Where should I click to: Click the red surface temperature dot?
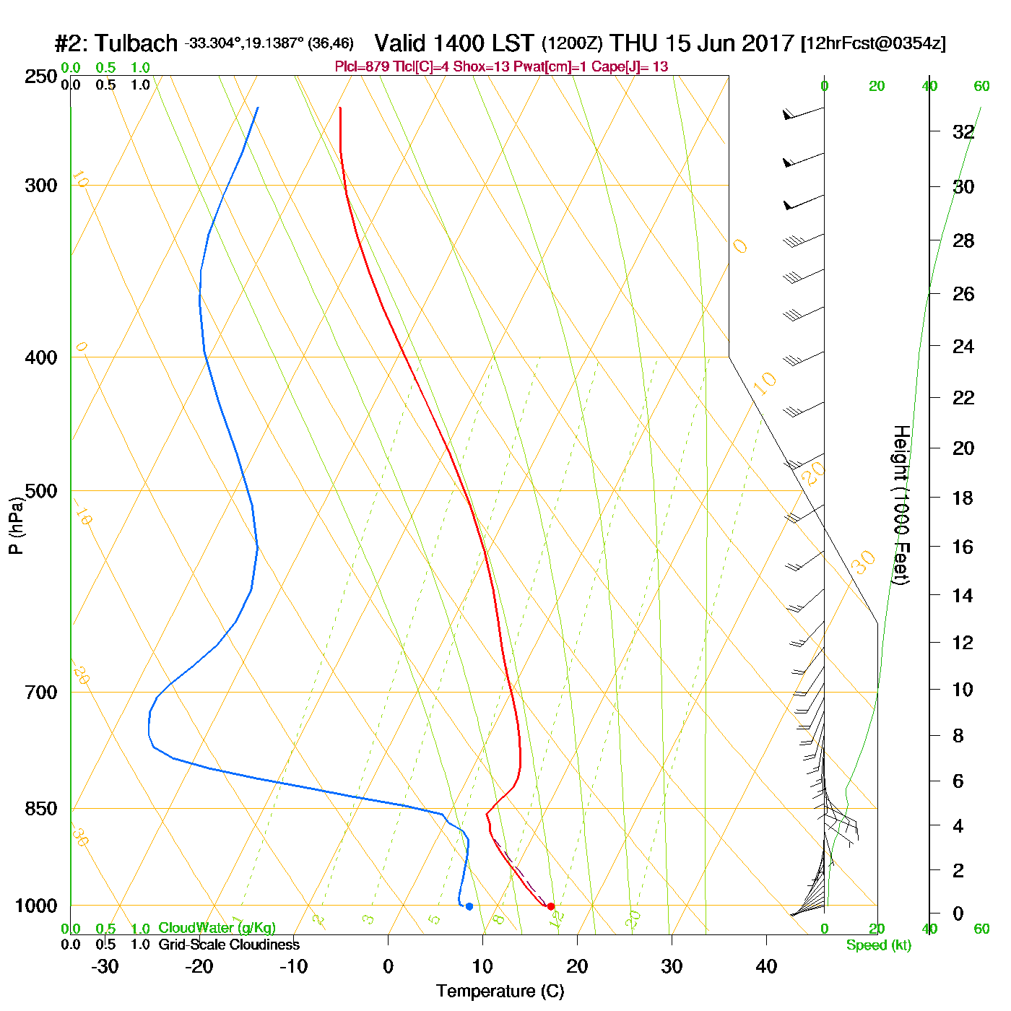[550, 906]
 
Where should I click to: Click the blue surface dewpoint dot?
[469, 906]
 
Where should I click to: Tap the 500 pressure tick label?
[41, 492]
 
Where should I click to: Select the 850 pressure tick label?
[41, 809]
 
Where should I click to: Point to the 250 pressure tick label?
[41, 77]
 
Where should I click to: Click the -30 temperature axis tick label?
[105, 966]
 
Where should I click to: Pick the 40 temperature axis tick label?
[766, 966]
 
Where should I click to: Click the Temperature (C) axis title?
[500, 992]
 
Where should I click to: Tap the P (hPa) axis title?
[17, 525]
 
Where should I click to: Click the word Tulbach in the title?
[136, 43]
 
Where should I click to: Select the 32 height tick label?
[963, 132]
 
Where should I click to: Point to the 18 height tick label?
[963, 498]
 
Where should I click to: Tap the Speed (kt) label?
[878, 945]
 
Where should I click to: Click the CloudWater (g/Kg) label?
[217, 928]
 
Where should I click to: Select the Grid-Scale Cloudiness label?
[229, 945]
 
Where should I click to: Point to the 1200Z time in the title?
[572, 43]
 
